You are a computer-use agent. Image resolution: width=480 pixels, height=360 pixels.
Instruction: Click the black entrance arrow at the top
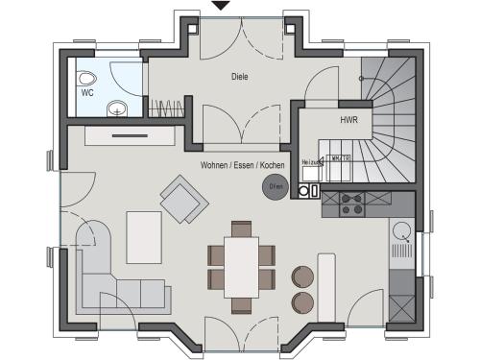tap(222, 6)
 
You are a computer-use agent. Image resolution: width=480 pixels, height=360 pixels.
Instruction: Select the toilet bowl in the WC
tap(87, 80)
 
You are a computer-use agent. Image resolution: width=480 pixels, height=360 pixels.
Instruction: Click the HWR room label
tap(348, 121)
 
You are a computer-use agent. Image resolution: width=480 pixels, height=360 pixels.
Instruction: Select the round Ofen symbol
tap(276, 186)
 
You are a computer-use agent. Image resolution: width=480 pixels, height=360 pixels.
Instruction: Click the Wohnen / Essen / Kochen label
tap(243, 165)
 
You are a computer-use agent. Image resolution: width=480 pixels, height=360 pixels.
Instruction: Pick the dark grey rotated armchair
tap(183, 199)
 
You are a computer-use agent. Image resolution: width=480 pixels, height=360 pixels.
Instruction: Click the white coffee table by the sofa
tap(144, 238)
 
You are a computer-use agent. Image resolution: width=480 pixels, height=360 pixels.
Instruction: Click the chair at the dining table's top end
tap(241, 228)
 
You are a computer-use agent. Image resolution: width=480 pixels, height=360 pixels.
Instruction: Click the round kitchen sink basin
tap(400, 231)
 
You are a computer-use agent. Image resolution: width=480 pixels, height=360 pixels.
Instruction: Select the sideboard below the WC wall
tap(125, 135)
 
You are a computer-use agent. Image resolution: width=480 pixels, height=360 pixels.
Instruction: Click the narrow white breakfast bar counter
tap(325, 282)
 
